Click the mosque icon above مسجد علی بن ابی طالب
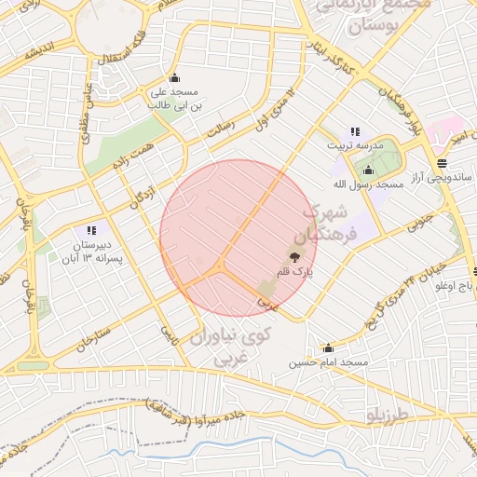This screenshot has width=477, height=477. pos(174,77)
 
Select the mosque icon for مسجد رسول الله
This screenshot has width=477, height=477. pos(369,170)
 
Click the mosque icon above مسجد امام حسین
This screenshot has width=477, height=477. pos(328,348)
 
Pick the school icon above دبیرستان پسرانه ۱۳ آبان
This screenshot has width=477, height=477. pos(90,229)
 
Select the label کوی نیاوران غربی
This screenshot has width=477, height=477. pos(228,344)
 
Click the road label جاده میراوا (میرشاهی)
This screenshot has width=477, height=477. pos(195,410)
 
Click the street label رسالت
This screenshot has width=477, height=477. pos(220,129)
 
